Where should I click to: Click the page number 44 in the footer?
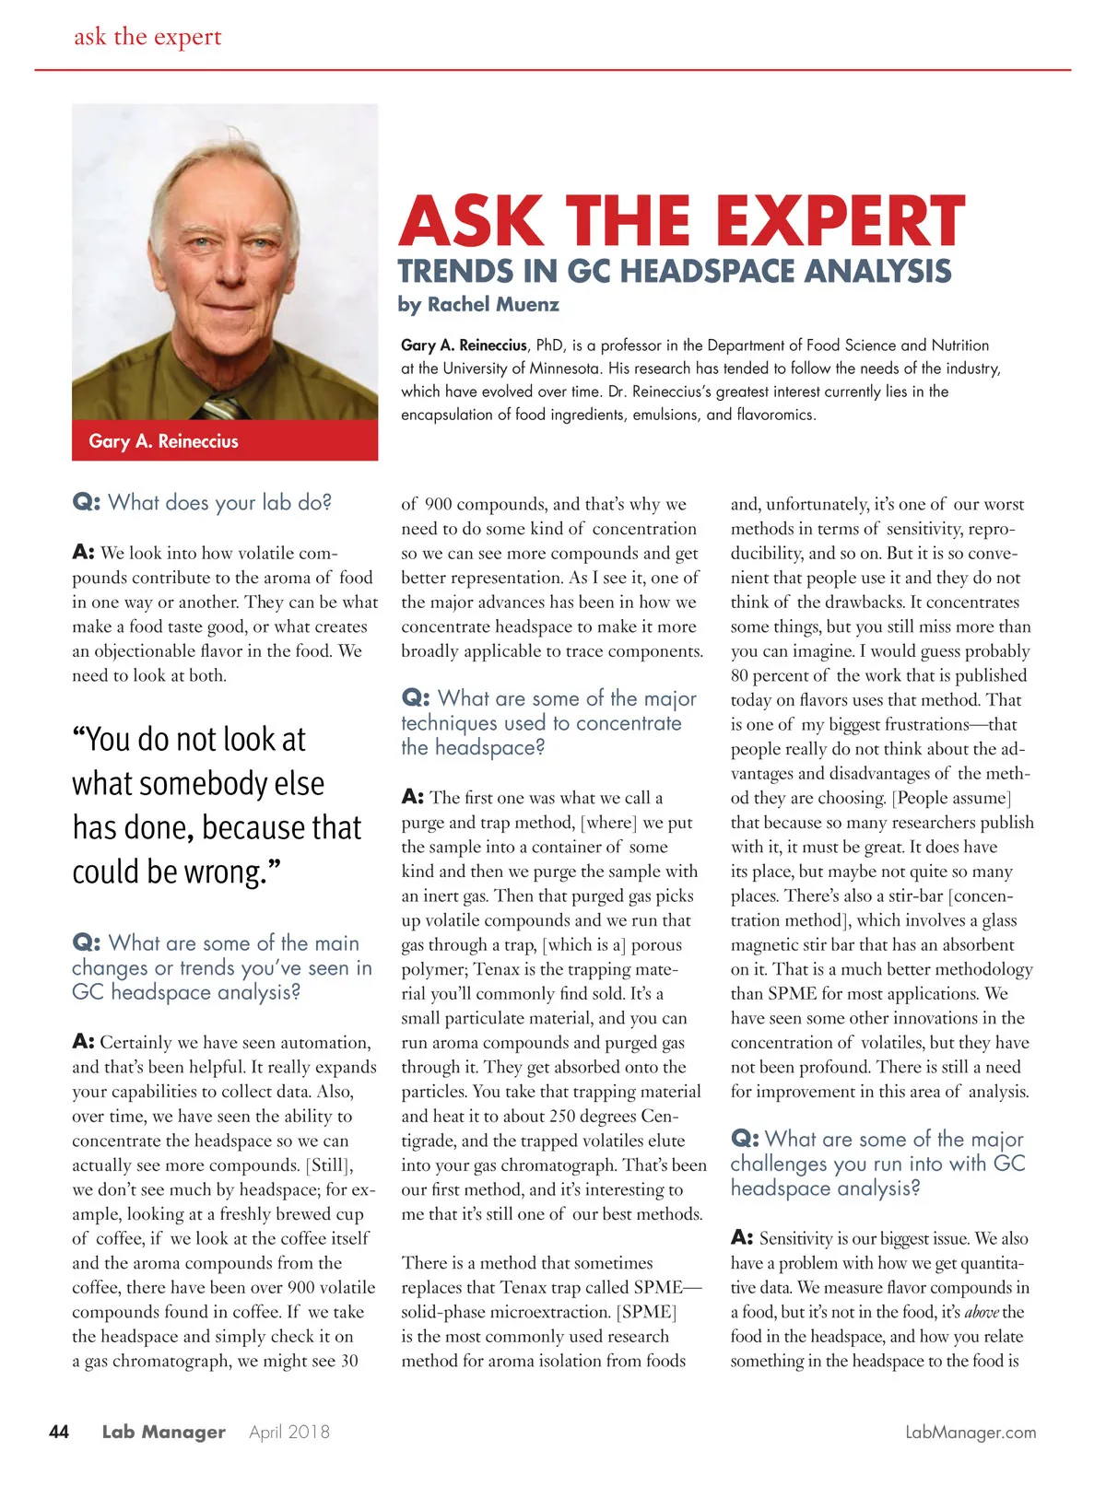[x=58, y=1432]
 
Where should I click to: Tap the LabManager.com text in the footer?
[x=971, y=1433]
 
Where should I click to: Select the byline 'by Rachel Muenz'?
[x=478, y=304]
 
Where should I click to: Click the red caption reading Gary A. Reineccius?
[x=163, y=441]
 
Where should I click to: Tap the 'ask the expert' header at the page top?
[x=147, y=37]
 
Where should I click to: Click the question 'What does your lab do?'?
[x=219, y=502]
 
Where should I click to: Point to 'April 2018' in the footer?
[x=289, y=1432]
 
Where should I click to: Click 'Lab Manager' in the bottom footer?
[x=163, y=1432]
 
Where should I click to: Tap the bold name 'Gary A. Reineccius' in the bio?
[x=464, y=345]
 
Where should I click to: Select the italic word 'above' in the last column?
[x=981, y=1312]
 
